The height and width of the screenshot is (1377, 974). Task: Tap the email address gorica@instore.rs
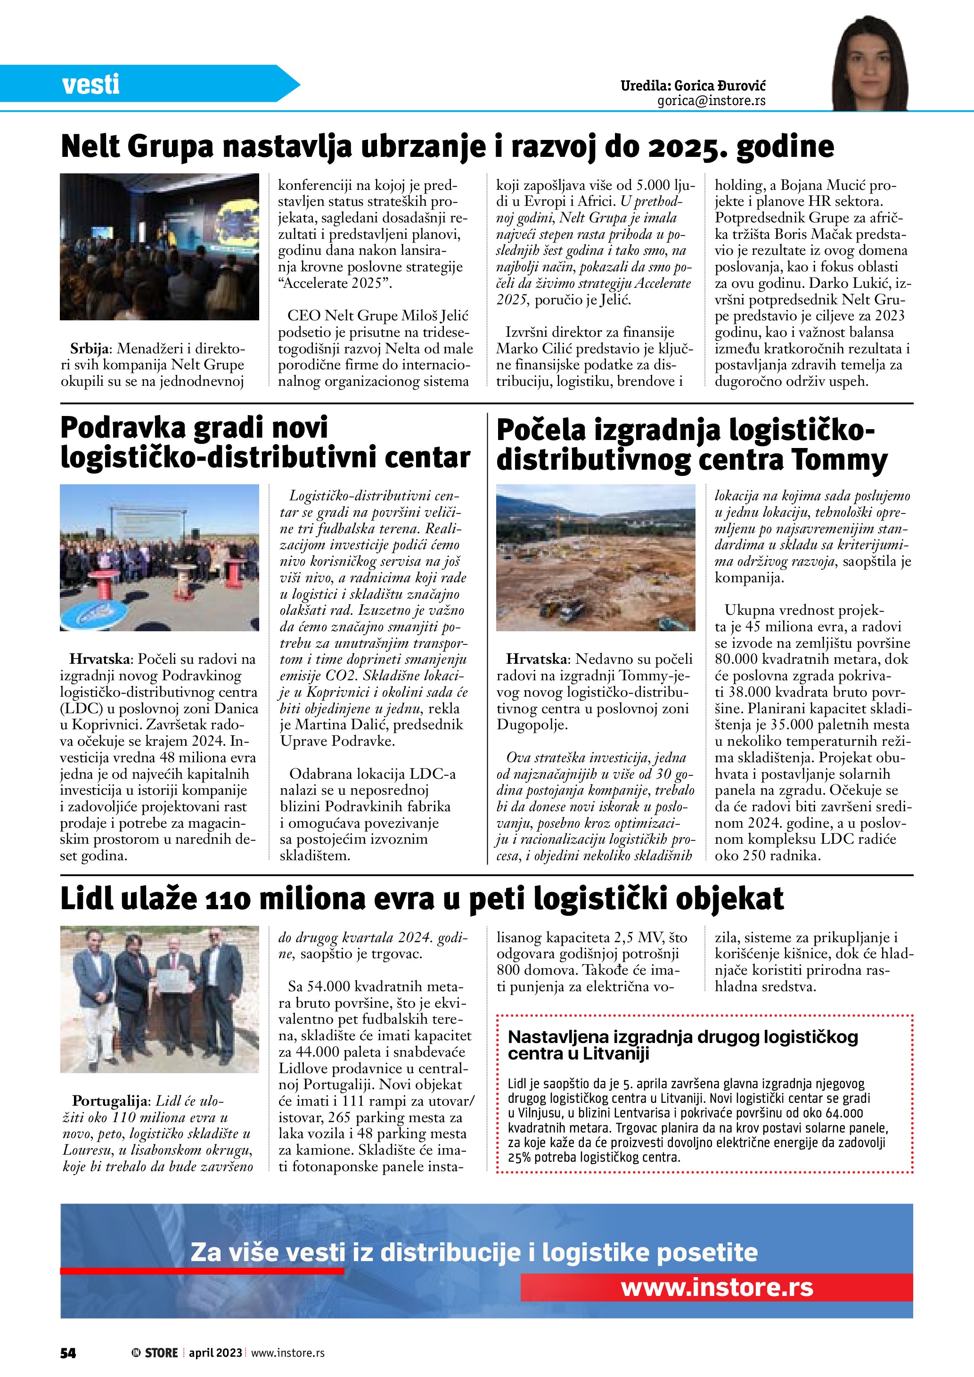point(712,101)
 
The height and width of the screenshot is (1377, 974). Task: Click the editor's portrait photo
point(870,63)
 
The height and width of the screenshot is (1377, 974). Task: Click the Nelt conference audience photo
point(160,246)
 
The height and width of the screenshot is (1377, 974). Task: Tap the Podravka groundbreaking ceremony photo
point(160,557)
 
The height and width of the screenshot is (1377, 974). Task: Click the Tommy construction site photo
point(596,557)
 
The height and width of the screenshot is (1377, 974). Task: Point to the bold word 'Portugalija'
point(110,1101)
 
